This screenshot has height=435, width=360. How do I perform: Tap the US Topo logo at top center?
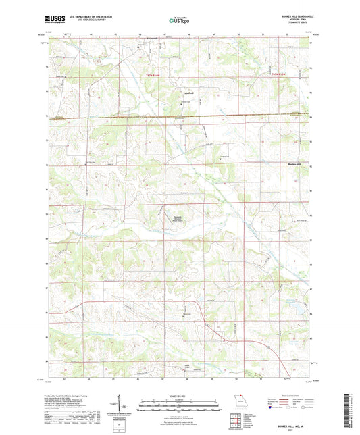(180, 21)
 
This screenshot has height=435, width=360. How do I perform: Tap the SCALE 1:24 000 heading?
(180, 396)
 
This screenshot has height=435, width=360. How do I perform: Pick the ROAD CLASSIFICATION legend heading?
(292, 396)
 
